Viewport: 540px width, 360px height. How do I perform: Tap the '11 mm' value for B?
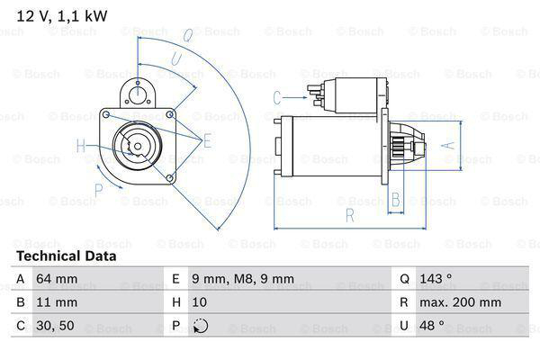point(58,303)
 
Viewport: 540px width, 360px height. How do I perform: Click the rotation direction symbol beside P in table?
point(202,327)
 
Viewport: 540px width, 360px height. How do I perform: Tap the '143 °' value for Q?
point(433,280)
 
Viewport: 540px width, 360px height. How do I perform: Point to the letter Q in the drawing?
point(187,37)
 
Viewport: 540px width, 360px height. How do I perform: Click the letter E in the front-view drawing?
point(206,139)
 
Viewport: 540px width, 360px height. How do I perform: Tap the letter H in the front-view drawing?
point(81,145)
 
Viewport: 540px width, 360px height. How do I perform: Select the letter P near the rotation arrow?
point(98,188)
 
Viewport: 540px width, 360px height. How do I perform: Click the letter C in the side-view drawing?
point(276,97)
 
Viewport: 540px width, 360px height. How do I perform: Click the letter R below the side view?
point(348,215)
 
